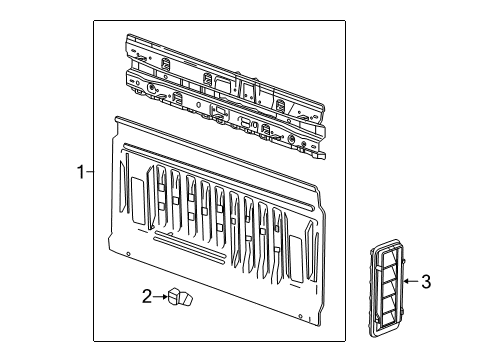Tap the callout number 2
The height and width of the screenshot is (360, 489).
(x=147, y=297)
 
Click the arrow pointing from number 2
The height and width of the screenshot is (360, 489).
(x=160, y=297)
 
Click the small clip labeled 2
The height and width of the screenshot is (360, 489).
(x=180, y=297)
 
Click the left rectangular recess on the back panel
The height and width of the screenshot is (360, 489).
(x=136, y=193)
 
